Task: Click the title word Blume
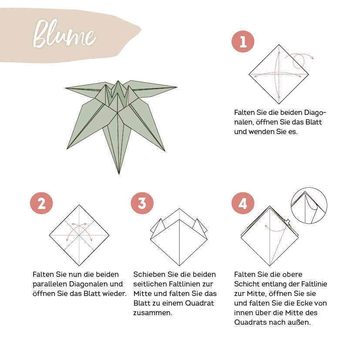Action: tap(64, 34)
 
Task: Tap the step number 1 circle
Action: tap(242, 41)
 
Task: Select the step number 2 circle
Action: tap(41, 203)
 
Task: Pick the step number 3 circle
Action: tap(142, 203)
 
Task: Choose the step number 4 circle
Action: tap(242, 203)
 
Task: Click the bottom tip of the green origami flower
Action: tap(119, 173)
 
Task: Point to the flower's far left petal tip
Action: tap(66, 88)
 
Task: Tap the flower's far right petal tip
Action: tap(176, 87)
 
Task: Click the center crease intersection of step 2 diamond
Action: tap(79, 235)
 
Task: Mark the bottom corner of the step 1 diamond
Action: tap(279, 103)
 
